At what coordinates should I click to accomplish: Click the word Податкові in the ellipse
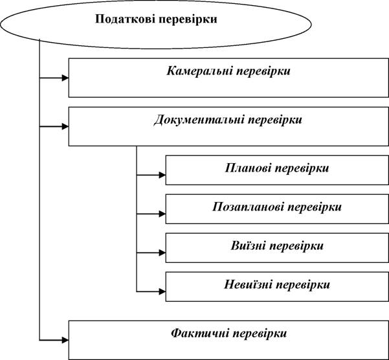pyautogui.click(x=125, y=19)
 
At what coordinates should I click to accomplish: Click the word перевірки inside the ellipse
pyautogui.click(x=188, y=20)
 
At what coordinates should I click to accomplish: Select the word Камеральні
pyautogui.click(x=199, y=71)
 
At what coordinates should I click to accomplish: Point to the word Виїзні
pyautogui.click(x=249, y=245)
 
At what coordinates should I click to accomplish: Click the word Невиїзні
pyautogui.click(x=248, y=284)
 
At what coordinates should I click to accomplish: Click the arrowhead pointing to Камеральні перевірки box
pyautogui.click(x=65, y=78)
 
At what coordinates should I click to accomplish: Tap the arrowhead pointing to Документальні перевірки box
pyautogui.click(x=65, y=126)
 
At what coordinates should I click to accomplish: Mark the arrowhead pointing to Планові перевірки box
pyautogui.click(x=162, y=175)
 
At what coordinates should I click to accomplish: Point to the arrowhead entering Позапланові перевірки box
pyautogui.click(x=162, y=214)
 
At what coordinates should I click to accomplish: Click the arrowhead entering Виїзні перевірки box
pyautogui.click(x=162, y=253)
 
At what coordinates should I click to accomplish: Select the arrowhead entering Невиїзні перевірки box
pyautogui.click(x=162, y=291)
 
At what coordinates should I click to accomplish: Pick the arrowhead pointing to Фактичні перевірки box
pyautogui.click(x=65, y=340)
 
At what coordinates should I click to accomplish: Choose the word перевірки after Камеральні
pyautogui.click(x=263, y=72)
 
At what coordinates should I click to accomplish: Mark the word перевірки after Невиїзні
pyautogui.click(x=303, y=285)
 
